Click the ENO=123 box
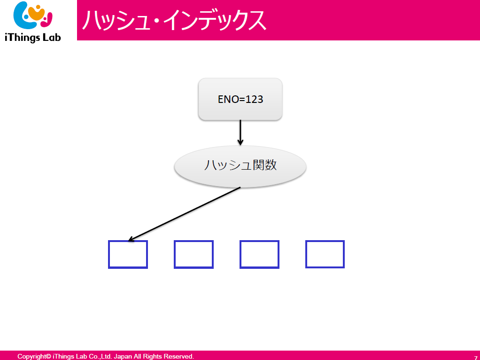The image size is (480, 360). click(x=240, y=99)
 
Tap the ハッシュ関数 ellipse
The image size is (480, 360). click(x=240, y=166)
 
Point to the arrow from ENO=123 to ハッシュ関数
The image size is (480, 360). click(x=240, y=133)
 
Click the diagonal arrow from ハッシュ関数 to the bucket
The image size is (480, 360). click(x=184, y=214)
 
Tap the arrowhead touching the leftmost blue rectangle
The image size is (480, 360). click(x=131, y=239)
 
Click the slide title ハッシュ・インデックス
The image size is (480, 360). click(x=174, y=20)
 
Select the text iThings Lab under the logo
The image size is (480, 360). click(x=33, y=38)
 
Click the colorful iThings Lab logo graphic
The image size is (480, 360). click(x=33, y=16)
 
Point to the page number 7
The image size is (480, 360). click(x=475, y=358)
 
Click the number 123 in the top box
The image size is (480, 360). click(x=254, y=99)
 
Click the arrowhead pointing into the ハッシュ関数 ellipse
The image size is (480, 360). click(x=240, y=142)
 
